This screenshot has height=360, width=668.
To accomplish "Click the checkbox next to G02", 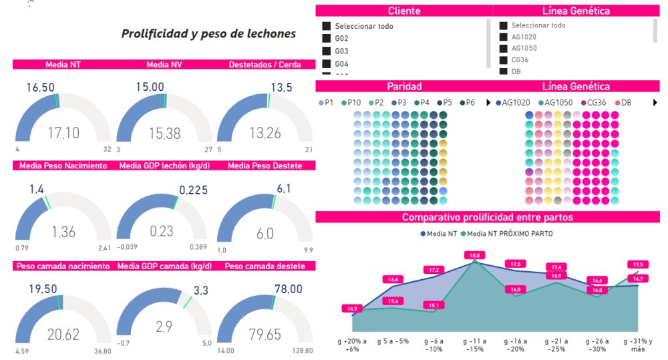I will click(327, 38).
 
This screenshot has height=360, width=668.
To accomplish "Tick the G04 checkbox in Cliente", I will click(327, 63).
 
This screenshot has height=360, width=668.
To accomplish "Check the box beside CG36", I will click(504, 59).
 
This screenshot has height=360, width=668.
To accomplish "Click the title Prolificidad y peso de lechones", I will click(208, 33).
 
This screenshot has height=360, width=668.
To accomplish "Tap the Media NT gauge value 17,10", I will click(63, 134).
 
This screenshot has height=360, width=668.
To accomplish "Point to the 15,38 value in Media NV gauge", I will click(164, 134).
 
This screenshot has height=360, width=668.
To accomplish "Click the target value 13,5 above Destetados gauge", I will click(281, 87).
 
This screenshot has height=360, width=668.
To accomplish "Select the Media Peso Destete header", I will click(264, 166).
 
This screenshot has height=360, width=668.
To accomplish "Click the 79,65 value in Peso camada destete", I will click(265, 334).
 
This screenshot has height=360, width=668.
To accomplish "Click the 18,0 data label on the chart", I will click(475, 255).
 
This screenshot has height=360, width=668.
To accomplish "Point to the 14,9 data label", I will click(351, 309).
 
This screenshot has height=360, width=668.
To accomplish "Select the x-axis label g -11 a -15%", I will click(475, 344).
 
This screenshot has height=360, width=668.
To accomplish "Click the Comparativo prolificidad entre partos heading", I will click(487, 217).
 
